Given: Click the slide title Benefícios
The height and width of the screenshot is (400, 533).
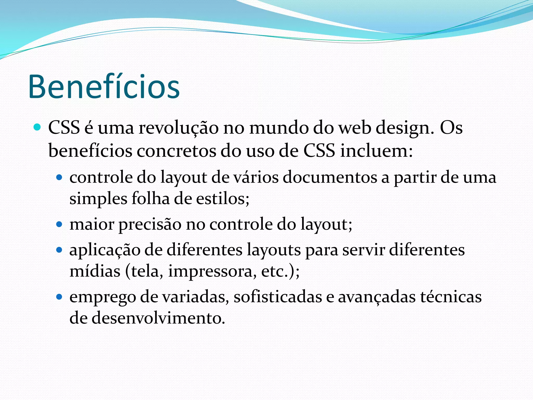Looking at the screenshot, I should (x=104, y=87).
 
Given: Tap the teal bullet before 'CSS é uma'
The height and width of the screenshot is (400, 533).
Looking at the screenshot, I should (x=37, y=127).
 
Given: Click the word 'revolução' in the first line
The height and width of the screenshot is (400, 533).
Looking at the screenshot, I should (x=178, y=128).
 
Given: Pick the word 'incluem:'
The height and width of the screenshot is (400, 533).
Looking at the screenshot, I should (x=377, y=151).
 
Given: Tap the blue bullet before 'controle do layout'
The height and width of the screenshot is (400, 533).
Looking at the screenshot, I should (x=60, y=178).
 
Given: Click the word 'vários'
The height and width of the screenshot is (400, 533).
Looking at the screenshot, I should (x=256, y=178).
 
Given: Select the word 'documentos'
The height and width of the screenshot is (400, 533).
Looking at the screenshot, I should (x=330, y=178).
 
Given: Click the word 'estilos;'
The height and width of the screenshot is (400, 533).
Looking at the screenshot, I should (x=223, y=199).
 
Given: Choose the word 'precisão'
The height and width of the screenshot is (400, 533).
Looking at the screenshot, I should (x=150, y=224).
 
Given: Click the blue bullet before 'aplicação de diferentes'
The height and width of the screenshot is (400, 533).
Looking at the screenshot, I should (x=60, y=250).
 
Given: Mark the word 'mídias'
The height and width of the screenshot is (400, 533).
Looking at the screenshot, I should (x=95, y=271).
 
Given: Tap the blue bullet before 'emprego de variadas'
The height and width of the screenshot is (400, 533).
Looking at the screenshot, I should (x=60, y=297).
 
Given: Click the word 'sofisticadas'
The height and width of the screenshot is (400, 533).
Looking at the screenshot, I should (x=278, y=297).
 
